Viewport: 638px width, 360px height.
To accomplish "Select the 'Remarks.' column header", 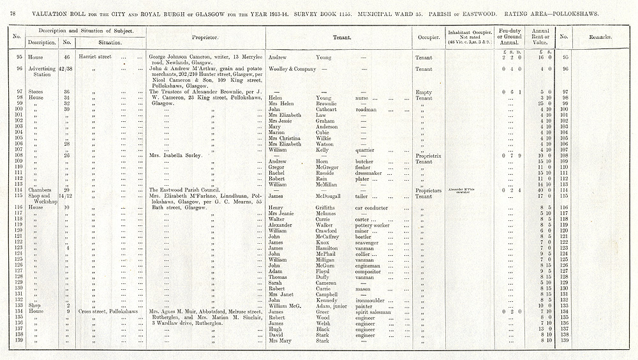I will coord(599,37).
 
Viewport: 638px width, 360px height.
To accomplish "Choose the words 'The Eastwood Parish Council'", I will coord(188,190).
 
